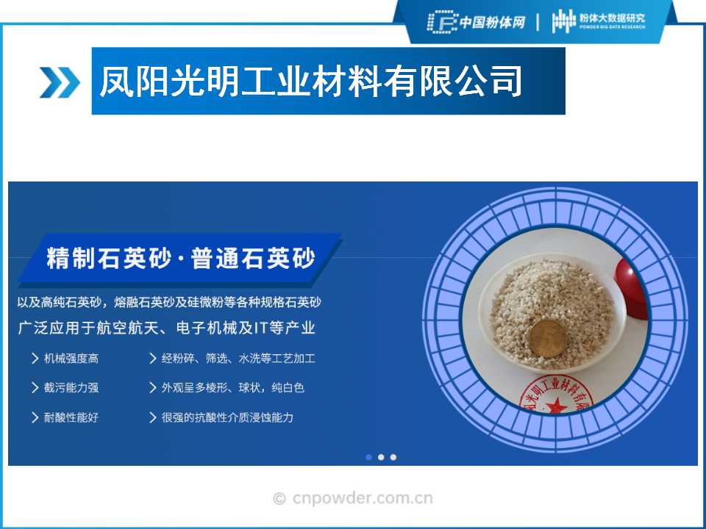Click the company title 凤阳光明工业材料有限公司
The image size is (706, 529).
(310, 82)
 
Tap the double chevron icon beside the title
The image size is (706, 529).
(60, 82)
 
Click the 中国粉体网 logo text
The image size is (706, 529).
(492, 22)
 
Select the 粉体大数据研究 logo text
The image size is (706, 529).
(612, 18)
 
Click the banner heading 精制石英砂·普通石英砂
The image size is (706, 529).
(181, 258)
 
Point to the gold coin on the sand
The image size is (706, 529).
(547, 339)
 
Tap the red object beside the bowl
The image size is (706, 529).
(631, 288)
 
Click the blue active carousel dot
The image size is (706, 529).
(368, 457)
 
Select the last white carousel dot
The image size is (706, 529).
(393, 457)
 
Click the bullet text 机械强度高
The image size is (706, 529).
(71, 359)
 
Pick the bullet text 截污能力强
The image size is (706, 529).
(71, 388)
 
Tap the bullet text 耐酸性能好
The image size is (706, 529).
(71, 417)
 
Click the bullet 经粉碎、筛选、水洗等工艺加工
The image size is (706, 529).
(238, 359)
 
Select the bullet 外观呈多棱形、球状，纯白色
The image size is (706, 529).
(233, 388)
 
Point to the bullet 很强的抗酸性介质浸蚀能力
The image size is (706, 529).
(227, 417)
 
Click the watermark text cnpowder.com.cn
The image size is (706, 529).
(363, 498)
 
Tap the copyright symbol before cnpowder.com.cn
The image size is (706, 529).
(279, 498)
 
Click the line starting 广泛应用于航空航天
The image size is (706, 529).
(167, 328)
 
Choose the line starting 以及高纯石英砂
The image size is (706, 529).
(169, 302)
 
